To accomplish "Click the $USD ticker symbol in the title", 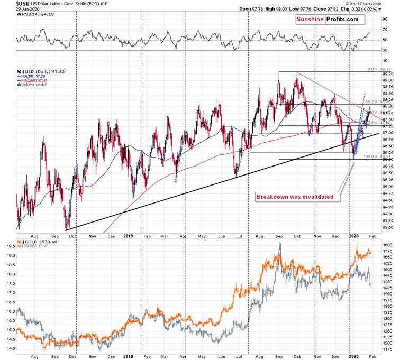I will coord(10,3).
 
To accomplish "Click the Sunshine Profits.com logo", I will coord(326,20).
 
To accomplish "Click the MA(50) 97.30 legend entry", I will coord(32,77).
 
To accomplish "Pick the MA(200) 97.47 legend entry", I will coord(33,81).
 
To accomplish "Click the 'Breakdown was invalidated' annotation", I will coord(295,197).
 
